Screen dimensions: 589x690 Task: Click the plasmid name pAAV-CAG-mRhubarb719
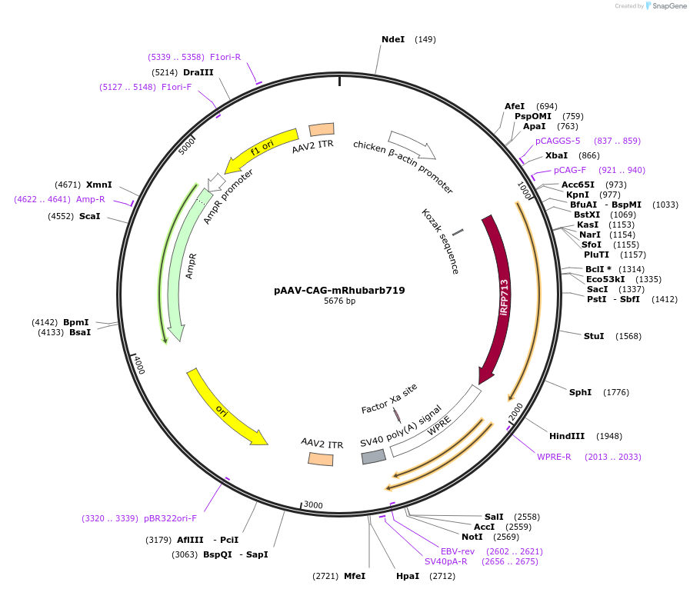tap(339, 291)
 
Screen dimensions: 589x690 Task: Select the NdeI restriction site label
tap(392, 39)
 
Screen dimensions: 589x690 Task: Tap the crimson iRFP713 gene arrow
tap(501, 300)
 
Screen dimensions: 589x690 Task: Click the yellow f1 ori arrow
tap(262, 148)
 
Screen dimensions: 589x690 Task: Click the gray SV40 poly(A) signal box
tap(374, 457)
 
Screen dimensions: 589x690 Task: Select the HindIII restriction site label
tap(567, 436)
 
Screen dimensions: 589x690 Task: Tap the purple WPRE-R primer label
tap(554, 457)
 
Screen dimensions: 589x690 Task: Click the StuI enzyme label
tap(594, 336)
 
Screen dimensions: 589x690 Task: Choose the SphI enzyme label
tap(580, 392)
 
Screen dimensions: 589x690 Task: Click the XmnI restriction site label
tap(98, 185)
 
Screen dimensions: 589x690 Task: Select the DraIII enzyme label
tap(198, 72)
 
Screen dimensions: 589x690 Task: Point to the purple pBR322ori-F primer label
tap(170, 518)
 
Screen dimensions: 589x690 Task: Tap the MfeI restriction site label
tap(354, 576)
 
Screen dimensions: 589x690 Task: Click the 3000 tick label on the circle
tap(313, 504)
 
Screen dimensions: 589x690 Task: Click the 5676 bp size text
tap(339, 301)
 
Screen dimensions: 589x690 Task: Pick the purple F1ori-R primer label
tap(225, 57)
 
